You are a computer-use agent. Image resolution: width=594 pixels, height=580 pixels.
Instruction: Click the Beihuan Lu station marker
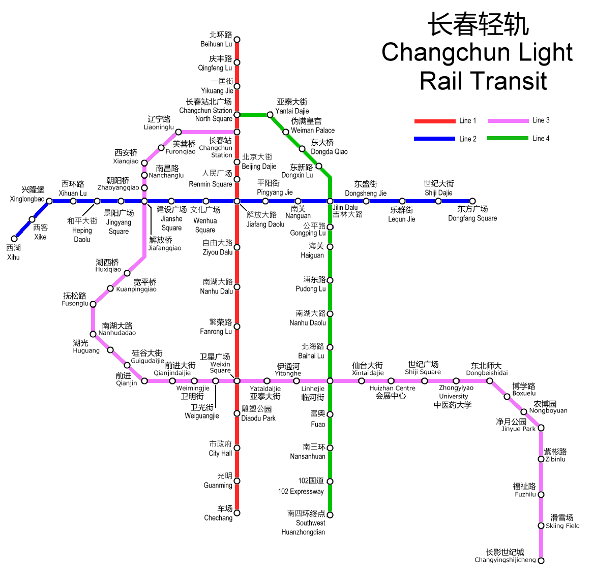tap(237, 39)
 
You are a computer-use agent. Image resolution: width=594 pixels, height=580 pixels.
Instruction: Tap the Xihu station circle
tap(14, 239)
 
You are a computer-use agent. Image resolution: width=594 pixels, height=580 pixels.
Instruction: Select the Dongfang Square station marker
tap(472, 201)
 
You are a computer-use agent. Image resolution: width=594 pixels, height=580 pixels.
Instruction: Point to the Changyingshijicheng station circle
tap(541, 561)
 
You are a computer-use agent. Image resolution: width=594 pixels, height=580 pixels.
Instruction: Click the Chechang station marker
tap(237, 513)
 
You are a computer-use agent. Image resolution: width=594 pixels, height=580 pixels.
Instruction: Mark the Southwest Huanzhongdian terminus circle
tap(330, 515)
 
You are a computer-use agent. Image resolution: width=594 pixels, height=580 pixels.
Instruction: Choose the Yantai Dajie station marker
tap(270, 115)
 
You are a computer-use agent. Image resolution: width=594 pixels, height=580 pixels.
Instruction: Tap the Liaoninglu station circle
tap(179, 132)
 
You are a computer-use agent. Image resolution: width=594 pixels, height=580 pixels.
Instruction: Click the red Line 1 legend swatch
tap(435, 121)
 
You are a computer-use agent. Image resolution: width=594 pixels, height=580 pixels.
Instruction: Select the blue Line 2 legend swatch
tap(434, 139)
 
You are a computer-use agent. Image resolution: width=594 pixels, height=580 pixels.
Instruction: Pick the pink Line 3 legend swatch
tap(508, 121)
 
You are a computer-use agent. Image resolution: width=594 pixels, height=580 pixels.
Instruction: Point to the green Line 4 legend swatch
tap(508, 138)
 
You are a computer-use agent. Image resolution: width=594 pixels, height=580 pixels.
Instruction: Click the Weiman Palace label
tap(313, 131)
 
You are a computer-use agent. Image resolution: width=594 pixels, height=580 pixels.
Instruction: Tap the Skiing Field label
tap(562, 526)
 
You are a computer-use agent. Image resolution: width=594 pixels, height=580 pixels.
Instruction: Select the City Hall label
tap(220, 453)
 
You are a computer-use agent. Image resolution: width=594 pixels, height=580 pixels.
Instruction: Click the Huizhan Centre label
tap(393, 388)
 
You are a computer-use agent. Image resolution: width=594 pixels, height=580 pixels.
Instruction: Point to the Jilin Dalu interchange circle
tap(330, 201)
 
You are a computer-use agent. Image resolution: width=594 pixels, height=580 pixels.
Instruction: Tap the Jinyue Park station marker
tap(541, 428)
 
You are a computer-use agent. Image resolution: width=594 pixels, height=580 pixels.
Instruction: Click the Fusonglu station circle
tap(93, 304)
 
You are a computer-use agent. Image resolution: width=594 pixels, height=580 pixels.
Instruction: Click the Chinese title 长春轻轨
tap(478, 24)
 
